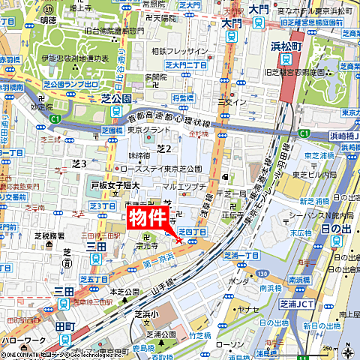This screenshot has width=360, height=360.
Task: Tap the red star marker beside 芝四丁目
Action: tap(178, 240)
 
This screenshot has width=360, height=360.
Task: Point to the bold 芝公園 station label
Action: tap(115, 98)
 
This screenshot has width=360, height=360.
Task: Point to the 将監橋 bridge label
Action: tap(183, 97)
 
